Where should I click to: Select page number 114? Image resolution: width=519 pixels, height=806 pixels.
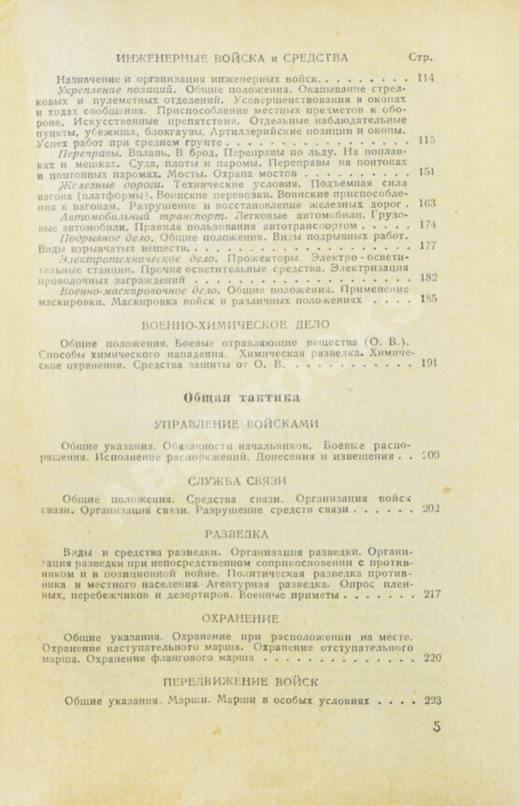[x=427, y=78]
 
